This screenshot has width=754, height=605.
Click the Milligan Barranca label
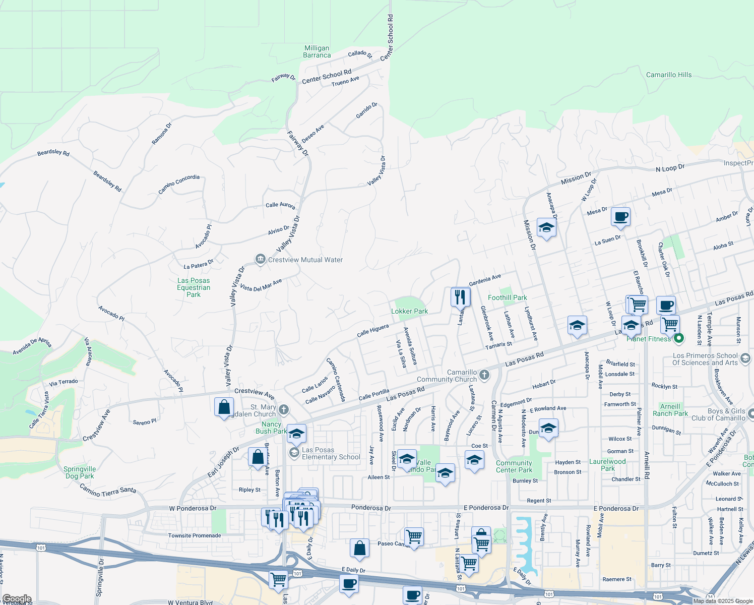(317, 51)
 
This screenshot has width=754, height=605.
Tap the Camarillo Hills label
(669, 75)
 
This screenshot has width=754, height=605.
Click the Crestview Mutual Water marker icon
(260, 260)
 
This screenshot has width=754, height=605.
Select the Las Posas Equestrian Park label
(194, 287)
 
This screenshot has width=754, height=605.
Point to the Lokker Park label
(409, 311)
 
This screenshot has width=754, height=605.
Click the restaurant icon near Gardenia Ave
(460, 297)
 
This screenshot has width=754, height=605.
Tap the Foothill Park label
(507, 297)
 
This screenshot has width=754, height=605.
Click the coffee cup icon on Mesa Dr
(620, 217)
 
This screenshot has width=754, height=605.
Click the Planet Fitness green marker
(678, 339)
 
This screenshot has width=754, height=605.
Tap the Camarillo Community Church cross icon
(484, 375)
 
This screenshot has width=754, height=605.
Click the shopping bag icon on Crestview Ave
(224, 407)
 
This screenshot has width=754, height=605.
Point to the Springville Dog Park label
(80, 472)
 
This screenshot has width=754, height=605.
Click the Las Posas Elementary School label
(331, 453)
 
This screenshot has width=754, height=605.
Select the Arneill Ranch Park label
(670, 410)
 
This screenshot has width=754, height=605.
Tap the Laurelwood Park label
(607, 465)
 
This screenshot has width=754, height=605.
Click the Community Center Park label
(514, 466)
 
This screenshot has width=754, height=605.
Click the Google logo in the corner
(16, 599)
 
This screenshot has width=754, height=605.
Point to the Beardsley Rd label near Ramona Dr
(53, 152)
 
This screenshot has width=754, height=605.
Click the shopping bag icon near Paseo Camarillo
(359, 548)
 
